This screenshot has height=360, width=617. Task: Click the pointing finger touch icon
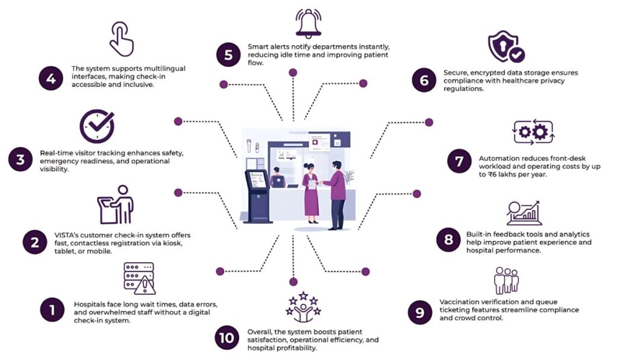click(121, 39)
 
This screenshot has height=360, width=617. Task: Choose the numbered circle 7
click(459, 161)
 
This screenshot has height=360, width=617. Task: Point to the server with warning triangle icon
click(139, 278)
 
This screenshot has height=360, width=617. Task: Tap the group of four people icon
click(506, 280)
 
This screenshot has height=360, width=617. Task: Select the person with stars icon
click(304, 307)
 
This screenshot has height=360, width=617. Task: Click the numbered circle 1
click(52, 311)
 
